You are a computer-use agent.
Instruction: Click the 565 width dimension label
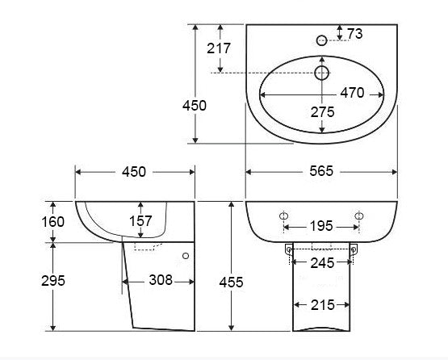[x=321, y=171]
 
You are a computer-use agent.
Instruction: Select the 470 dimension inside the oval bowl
[x=352, y=93]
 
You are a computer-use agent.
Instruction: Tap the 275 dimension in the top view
[x=322, y=112]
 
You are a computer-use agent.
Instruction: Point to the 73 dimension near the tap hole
[x=355, y=34]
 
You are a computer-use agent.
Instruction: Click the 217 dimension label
[x=219, y=48]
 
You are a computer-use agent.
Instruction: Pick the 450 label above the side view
[x=134, y=172]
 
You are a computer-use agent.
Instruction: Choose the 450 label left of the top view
[x=195, y=106]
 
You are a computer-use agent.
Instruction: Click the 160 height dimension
[x=52, y=222]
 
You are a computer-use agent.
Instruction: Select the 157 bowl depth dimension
[x=140, y=221]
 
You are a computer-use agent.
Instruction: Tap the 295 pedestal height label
[x=53, y=281]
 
